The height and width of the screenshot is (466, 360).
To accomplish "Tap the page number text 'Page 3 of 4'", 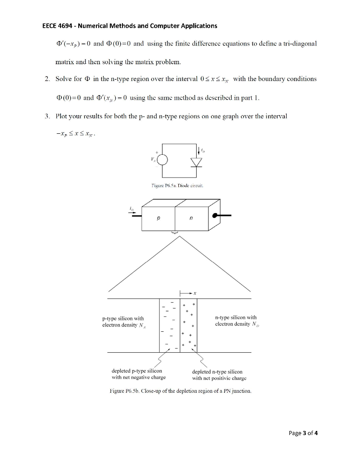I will click(304, 433).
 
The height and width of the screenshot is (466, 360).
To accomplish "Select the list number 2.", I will click(47, 79).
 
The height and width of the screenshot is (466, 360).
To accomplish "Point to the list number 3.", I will click(47, 116).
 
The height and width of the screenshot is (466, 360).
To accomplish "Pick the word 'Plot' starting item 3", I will click(61, 116).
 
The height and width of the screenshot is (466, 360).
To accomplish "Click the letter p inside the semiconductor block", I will click(158, 218).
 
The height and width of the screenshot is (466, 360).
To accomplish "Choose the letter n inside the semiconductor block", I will click(191, 218).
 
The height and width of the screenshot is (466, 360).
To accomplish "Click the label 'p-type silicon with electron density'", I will click(123, 322).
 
